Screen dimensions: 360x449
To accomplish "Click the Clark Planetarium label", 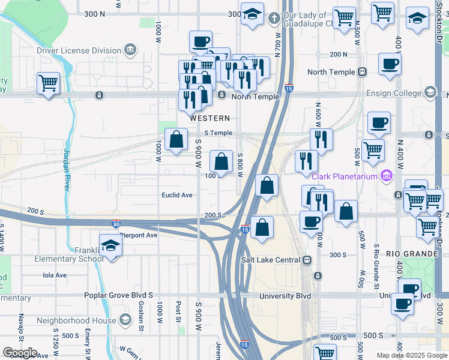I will pos(345,176).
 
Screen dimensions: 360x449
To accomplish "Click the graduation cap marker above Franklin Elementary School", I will pos(111,245).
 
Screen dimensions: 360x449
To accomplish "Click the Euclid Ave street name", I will pos(176,195).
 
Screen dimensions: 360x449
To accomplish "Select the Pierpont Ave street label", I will pos(138,235).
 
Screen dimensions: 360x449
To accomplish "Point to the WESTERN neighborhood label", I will pos(209,118).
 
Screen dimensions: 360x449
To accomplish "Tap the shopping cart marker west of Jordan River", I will pos(48,83).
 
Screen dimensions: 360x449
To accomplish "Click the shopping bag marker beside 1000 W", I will pos(176,140).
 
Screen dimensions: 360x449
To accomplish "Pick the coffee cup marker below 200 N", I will pos(390,64).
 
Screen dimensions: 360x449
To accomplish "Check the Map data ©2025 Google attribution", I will pos(411,355).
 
